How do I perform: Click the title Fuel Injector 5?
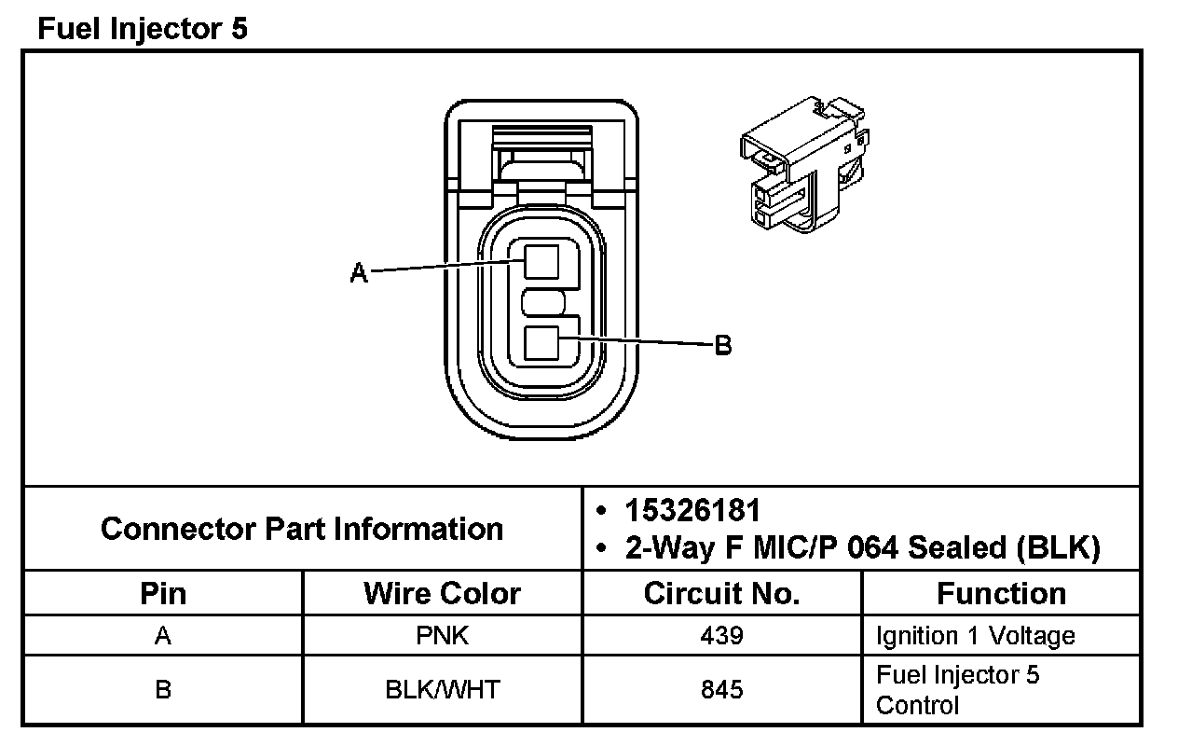[143, 28]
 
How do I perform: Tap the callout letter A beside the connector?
[359, 272]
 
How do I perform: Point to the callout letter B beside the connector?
[723, 346]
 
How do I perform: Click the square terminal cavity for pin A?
[541, 261]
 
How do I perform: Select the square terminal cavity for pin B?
[541, 343]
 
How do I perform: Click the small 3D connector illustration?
[804, 165]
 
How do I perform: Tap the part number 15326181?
[692, 510]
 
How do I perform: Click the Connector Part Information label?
[302, 529]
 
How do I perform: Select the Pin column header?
[163, 594]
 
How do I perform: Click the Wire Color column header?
[442, 594]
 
